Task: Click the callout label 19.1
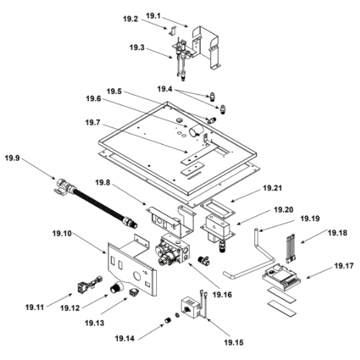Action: (x=153, y=15)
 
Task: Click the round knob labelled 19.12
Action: (x=116, y=288)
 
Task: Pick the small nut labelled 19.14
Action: (x=167, y=320)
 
